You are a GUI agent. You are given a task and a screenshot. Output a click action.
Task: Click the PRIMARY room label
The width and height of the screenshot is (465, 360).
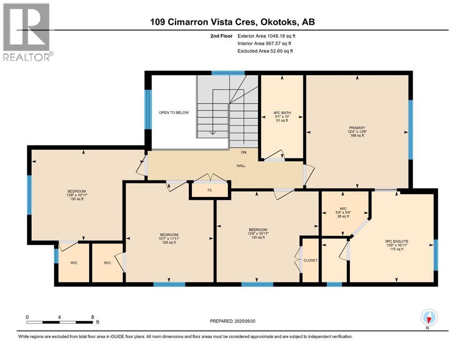357,128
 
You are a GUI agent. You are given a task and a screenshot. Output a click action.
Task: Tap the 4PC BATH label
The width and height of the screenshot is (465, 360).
282,112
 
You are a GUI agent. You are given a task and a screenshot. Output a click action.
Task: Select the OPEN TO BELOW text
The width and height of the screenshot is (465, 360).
170,112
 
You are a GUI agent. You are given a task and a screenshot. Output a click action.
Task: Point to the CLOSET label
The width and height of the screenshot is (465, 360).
310,260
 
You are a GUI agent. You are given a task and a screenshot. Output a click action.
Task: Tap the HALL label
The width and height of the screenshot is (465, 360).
241,165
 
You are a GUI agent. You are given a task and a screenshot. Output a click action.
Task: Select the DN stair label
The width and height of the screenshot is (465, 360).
243,152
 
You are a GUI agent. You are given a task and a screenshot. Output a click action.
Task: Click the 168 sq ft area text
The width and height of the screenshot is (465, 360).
357,137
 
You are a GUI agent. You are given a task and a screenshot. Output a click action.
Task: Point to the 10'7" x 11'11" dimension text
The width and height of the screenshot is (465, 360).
169,238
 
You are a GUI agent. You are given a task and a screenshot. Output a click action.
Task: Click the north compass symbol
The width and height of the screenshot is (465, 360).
429,318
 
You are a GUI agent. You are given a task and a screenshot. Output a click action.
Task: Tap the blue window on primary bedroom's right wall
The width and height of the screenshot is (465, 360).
411,130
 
